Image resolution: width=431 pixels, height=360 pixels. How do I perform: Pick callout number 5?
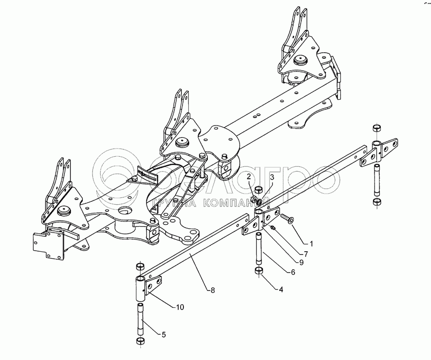point(163,335)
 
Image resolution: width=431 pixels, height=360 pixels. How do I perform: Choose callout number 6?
point(293,272)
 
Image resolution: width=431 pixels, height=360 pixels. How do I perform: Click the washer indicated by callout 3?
point(259,202)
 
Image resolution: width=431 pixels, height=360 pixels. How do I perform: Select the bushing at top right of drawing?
point(376,128)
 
